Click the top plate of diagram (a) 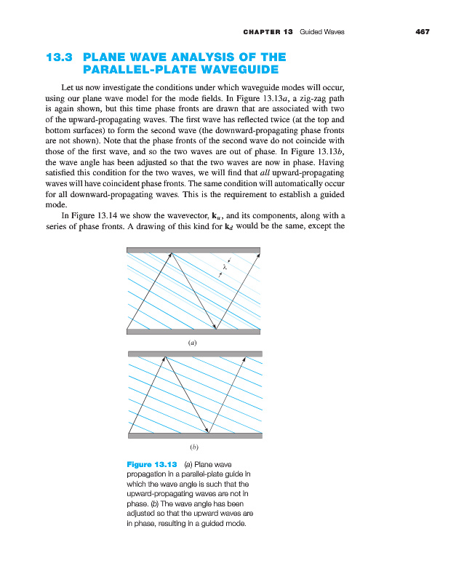(x=193, y=250)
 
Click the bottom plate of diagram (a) (x=193, y=331)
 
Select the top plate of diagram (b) (x=195, y=354)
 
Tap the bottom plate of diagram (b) (x=195, y=436)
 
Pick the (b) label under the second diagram (x=194, y=446)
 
